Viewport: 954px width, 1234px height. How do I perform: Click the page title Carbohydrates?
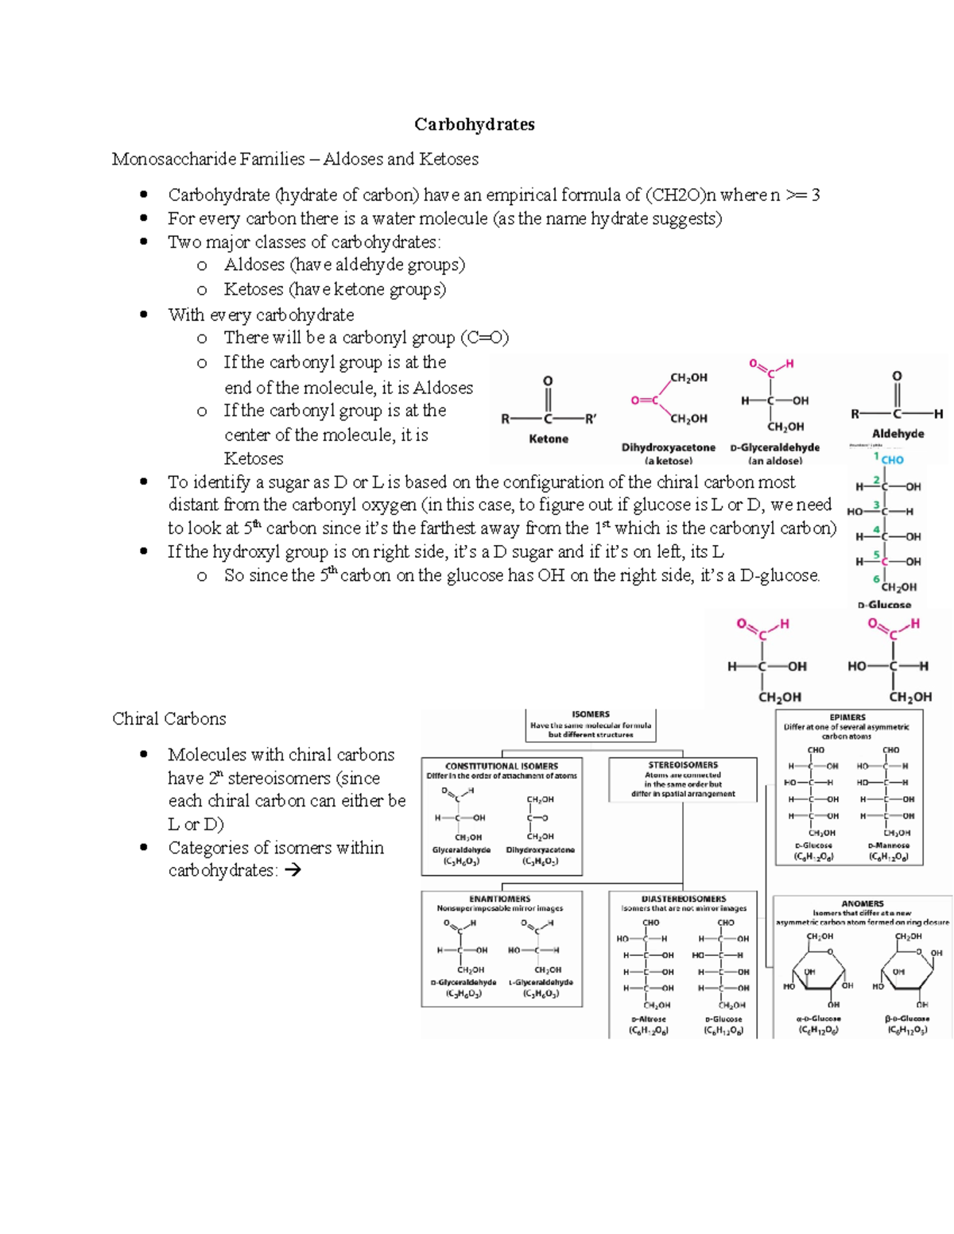474,124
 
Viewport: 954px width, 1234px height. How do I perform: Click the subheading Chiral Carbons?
169,718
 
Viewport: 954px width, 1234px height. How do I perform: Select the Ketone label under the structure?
549,439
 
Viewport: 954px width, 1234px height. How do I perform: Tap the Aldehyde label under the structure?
898,434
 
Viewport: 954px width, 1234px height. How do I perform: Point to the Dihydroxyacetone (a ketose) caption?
668,453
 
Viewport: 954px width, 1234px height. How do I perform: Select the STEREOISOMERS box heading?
683,765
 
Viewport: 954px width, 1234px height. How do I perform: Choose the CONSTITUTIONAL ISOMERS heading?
501,766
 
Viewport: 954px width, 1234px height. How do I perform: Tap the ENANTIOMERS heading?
499,899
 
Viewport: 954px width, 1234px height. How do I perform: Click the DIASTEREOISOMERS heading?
684,899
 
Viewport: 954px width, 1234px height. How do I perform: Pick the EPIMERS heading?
847,717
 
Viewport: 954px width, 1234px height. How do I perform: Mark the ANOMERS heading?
863,903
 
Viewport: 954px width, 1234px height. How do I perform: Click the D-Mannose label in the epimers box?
888,845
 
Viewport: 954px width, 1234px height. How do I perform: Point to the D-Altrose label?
649,1019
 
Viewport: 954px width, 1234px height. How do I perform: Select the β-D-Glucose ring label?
907,1018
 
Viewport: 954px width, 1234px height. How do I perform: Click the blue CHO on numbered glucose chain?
892,460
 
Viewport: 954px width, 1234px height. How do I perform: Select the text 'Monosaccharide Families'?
208,159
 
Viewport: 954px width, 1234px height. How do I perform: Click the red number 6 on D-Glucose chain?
876,579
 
